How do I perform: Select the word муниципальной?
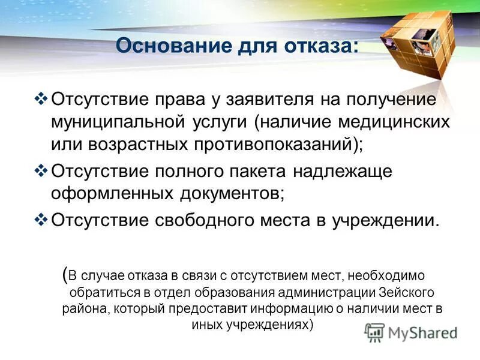point(116,122)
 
